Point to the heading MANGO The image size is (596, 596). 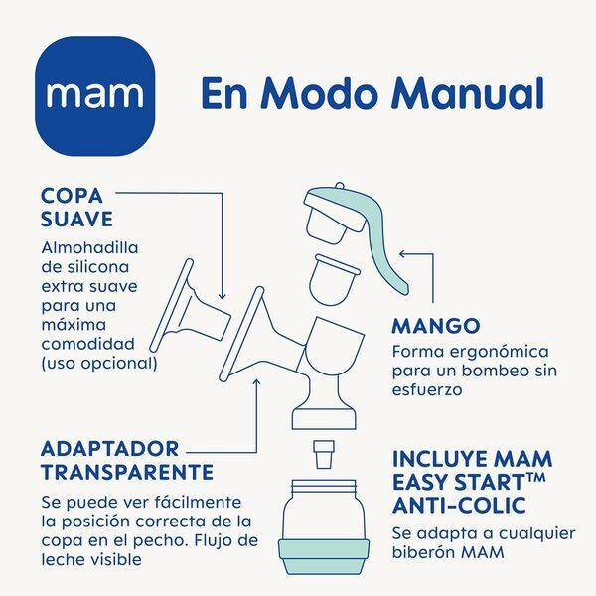point(436,326)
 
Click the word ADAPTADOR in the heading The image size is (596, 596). point(110,448)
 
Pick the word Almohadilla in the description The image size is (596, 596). point(90,248)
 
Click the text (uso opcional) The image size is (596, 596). point(99,363)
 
